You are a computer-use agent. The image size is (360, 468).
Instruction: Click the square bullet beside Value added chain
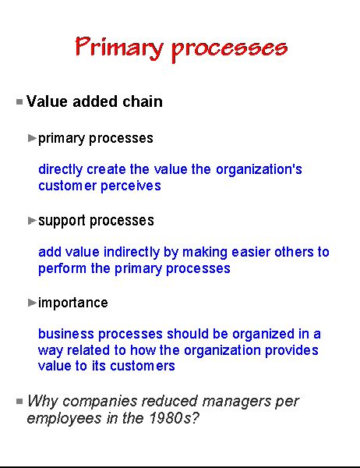click(x=19, y=101)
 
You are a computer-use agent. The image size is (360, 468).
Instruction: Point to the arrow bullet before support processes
click(x=32, y=220)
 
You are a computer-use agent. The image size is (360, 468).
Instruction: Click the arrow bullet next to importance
click(x=32, y=302)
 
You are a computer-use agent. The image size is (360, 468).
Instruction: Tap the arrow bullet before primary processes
click(x=32, y=138)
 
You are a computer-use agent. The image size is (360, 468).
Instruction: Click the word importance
click(x=73, y=302)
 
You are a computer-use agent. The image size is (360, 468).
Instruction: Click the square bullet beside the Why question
click(x=19, y=401)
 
